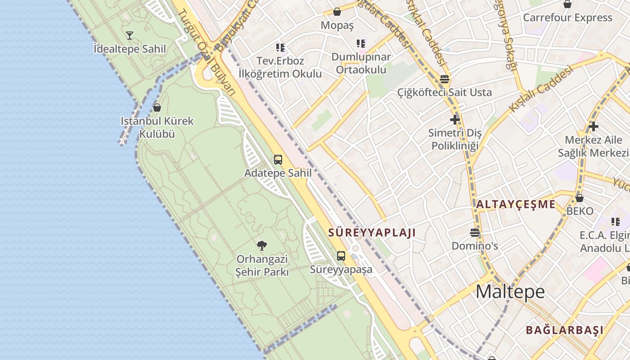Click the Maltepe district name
510,292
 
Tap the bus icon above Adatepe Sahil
278,159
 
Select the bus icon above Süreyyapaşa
341,256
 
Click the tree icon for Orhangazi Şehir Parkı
262,245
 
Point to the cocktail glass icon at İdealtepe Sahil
130,35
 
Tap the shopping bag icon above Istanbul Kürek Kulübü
157,108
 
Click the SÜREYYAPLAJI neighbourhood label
372,233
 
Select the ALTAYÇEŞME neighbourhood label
516,204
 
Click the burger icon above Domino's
474,233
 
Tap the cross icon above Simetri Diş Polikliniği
455,120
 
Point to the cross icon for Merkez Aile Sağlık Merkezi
594,126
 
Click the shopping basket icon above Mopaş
337,12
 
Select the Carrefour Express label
567,18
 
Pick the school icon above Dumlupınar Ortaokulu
361,44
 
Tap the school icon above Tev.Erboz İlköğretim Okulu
280,47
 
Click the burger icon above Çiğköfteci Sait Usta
445,79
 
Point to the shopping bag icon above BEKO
580,198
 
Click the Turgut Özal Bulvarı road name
207,52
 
